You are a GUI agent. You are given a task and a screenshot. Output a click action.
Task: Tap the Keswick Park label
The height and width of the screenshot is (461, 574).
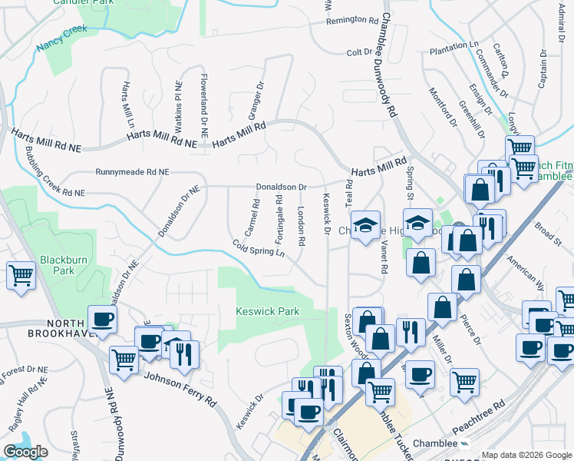[x=267, y=311]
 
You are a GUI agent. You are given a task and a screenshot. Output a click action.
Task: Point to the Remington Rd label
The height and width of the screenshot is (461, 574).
[x=352, y=20]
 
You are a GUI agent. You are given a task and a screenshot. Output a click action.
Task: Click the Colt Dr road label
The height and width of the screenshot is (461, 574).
[x=359, y=52]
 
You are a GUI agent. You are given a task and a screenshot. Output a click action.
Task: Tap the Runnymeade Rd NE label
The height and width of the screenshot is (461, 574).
[x=132, y=173]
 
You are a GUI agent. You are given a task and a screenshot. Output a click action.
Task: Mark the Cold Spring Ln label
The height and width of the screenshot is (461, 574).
[x=259, y=249]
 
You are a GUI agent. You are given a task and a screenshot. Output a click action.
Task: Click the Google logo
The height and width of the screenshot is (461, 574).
[x=25, y=452]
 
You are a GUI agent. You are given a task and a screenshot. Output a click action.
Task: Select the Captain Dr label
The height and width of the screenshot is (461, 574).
[x=542, y=69]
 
